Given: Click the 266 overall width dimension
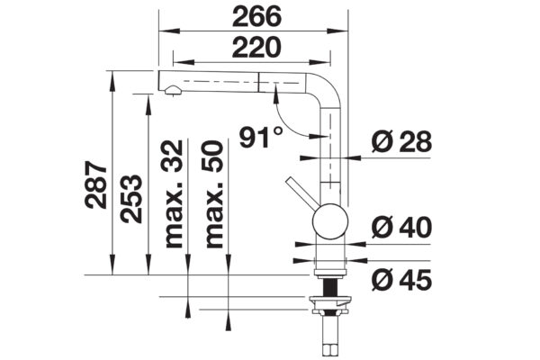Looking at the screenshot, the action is (x=256, y=16).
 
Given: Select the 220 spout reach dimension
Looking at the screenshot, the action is (x=256, y=48).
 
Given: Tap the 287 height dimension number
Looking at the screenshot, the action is (x=95, y=184).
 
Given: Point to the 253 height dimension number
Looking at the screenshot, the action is (x=130, y=199).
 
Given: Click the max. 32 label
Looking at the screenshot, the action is (x=173, y=194).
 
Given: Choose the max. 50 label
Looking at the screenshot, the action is (x=213, y=194).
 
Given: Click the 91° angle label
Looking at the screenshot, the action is (x=261, y=137).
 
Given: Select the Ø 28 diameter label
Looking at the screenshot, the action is (x=401, y=141).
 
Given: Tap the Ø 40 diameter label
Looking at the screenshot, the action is (x=401, y=228).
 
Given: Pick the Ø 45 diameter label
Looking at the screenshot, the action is (x=401, y=280).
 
